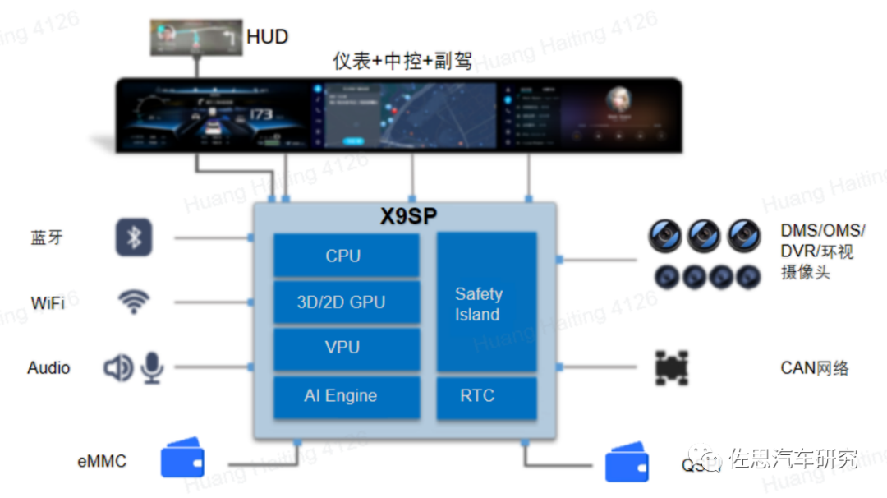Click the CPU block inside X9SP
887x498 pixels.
(x=345, y=256)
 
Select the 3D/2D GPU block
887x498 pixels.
(x=345, y=302)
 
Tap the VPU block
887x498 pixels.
(x=345, y=348)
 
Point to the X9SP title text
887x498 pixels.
(x=408, y=217)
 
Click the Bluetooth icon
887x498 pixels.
(x=134, y=237)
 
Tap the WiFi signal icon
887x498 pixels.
(x=134, y=302)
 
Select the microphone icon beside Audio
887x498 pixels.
(x=153, y=367)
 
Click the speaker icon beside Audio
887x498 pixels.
(x=118, y=367)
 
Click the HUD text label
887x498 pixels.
(x=268, y=37)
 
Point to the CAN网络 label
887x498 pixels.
(x=814, y=367)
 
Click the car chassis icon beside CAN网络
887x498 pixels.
(x=672, y=368)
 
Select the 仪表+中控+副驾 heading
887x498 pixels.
(x=402, y=61)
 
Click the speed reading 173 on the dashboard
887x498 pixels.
(x=261, y=114)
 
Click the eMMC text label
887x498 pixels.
(x=102, y=461)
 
